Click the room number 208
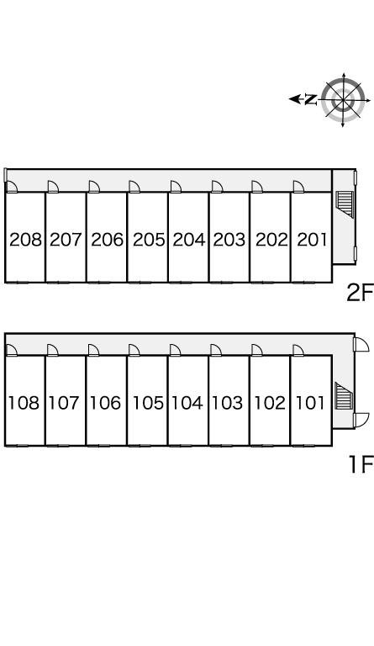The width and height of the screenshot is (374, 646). tap(25, 240)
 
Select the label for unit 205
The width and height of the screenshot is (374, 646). tap(149, 240)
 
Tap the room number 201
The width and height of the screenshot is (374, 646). tap(312, 240)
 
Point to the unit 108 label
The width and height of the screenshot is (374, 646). tap(24, 403)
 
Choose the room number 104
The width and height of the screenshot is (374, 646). tap(187, 403)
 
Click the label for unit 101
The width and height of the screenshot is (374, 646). tap(310, 403)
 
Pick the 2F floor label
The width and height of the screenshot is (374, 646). tap(359, 293)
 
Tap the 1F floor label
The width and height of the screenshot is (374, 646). tap(361, 464)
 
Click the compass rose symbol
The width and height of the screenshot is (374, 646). tap(343, 99)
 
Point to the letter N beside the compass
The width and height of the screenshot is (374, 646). tap(311, 99)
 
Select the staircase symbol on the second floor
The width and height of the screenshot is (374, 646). tap(345, 204)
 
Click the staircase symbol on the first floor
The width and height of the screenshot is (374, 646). tap(344, 396)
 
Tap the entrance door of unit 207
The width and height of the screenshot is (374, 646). tap(53, 187)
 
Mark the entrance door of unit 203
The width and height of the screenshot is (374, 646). tap(217, 187)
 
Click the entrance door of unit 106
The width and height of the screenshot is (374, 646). tap(93, 350)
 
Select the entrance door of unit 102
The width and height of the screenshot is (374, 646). tap(256, 350)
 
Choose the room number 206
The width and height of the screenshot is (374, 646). tap(108, 240)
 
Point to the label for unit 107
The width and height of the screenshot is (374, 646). tap(64, 403)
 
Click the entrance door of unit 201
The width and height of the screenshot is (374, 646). tap(298, 187)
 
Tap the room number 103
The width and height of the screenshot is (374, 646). tap(228, 403)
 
